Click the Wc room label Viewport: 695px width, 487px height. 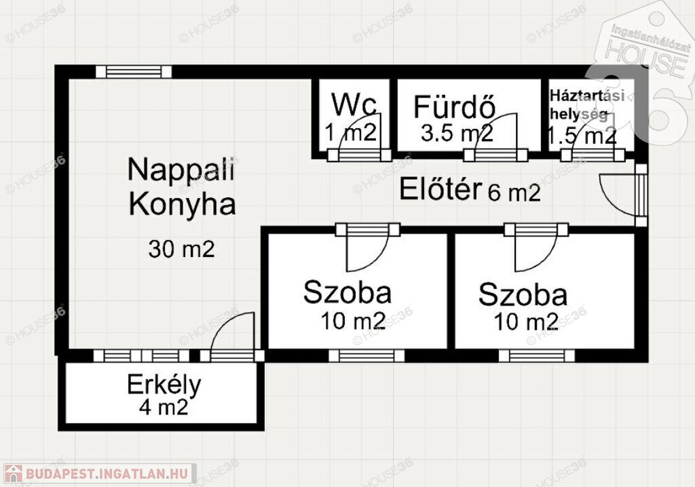click(354, 105)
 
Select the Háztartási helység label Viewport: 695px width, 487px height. click(587, 104)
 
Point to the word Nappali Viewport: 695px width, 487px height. click(181, 170)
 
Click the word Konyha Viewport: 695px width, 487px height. click(182, 204)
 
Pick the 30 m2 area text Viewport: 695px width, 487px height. click(181, 249)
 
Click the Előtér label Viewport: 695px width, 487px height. click(440, 189)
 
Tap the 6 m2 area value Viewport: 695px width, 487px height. click(514, 193)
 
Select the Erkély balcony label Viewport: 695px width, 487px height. click(164, 385)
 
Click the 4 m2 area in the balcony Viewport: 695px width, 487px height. click(164, 407)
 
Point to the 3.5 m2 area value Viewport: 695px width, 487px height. click(457, 133)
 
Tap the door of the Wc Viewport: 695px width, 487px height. click(359, 134)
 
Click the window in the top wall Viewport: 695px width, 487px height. click(134, 72)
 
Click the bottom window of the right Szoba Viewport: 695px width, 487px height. click(537, 356)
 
